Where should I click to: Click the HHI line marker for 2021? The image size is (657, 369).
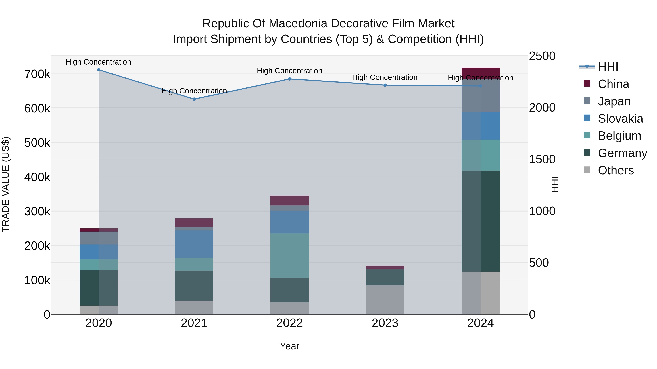pos(194,99)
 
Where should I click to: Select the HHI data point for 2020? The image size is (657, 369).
pos(99,70)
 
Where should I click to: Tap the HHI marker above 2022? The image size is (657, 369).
pos(289,79)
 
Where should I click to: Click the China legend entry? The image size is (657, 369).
pos(613,84)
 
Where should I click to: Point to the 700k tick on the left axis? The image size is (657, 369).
pos(37,74)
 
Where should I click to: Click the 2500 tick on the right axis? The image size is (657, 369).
pos(542,56)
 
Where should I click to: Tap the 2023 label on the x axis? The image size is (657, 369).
pos(385,323)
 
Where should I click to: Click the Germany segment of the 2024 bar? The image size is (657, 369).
pos(481,221)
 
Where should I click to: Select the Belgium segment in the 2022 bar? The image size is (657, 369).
pos(289,255)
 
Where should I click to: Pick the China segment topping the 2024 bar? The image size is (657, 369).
pos(481,72)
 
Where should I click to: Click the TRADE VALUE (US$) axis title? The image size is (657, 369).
pos(6,184)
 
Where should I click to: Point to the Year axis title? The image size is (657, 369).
pos(289,346)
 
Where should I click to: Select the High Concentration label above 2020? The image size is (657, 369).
pos(98,62)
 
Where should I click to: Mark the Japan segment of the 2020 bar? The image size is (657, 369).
pos(99,238)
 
